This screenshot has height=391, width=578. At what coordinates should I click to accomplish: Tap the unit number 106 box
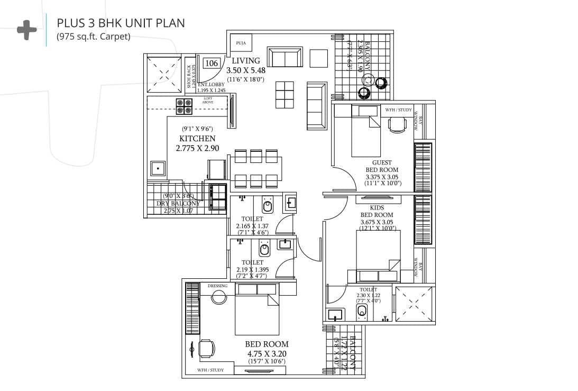pyautogui.click(x=211, y=63)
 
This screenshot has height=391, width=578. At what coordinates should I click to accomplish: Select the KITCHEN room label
pyautogui.click(x=197, y=139)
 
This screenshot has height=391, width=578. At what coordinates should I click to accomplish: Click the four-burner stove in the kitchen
pyautogui.click(x=184, y=106)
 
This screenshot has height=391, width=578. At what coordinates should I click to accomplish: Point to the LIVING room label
pyautogui.click(x=245, y=61)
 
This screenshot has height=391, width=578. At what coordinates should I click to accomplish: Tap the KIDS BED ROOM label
pyautogui.click(x=377, y=212)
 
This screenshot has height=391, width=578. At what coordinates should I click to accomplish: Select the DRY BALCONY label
pyautogui.click(x=178, y=204)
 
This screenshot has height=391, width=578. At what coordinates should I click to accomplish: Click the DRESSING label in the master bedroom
pyautogui.click(x=217, y=286)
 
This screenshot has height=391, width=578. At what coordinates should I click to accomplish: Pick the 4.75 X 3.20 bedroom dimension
pyautogui.click(x=267, y=353)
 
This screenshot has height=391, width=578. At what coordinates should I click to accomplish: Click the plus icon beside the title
pyautogui.click(x=26, y=30)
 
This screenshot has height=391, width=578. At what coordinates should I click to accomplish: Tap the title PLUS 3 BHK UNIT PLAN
pyautogui.click(x=121, y=24)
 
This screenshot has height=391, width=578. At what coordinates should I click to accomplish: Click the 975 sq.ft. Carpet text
pyautogui.click(x=93, y=37)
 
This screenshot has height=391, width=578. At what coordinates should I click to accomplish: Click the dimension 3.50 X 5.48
pyautogui.click(x=245, y=70)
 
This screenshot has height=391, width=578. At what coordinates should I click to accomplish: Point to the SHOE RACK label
pyautogui.click(x=189, y=76)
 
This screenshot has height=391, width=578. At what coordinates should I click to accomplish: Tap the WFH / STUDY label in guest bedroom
pyautogui.click(x=398, y=110)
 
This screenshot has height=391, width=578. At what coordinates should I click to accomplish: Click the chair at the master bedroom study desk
pyautogui.click(x=206, y=349)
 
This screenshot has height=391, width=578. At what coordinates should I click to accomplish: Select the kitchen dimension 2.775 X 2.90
pyautogui.click(x=197, y=149)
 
